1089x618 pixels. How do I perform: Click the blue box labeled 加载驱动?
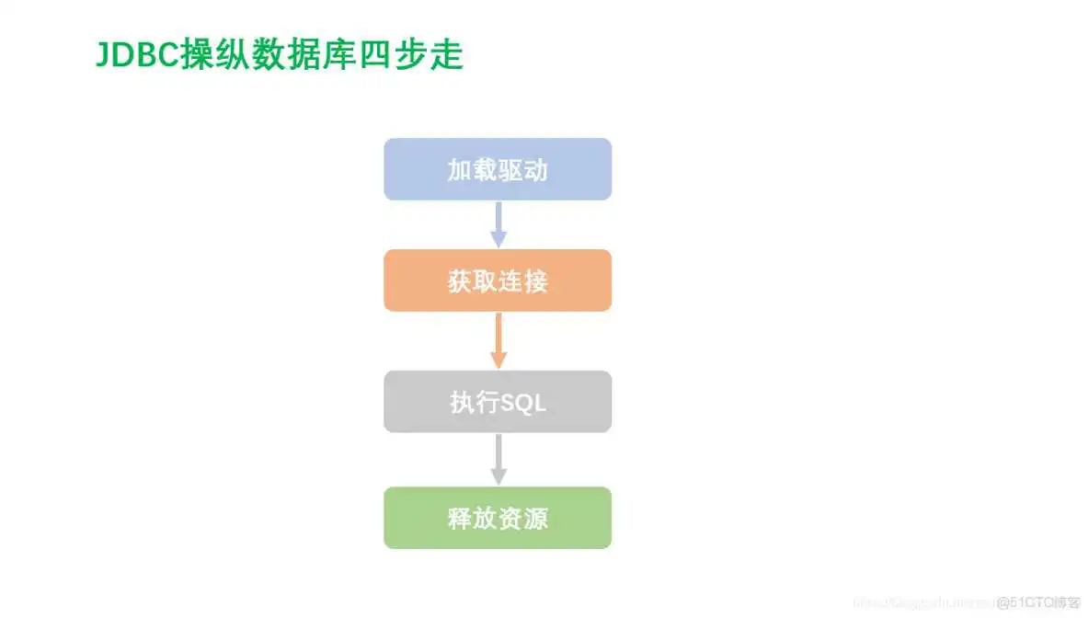(497, 169)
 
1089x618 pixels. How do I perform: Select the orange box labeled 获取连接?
(497, 280)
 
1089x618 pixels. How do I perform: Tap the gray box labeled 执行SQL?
(497, 402)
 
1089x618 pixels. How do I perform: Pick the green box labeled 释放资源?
(497, 518)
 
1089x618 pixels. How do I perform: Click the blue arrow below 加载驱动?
(498, 224)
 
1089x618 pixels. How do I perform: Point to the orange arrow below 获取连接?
(498, 340)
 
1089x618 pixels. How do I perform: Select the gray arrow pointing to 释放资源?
(498, 459)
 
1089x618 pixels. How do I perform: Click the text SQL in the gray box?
(522, 403)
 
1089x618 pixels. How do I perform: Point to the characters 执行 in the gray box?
(474, 403)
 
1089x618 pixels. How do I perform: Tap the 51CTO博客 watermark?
(1038, 602)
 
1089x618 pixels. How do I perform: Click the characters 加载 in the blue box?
(472, 170)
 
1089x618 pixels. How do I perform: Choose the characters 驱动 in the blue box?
(522, 170)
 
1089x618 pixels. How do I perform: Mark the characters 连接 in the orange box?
(522, 281)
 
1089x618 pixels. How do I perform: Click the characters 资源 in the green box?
(522, 519)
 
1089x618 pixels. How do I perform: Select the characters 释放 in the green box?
(472, 519)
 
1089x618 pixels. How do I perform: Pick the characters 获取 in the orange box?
(472, 281)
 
